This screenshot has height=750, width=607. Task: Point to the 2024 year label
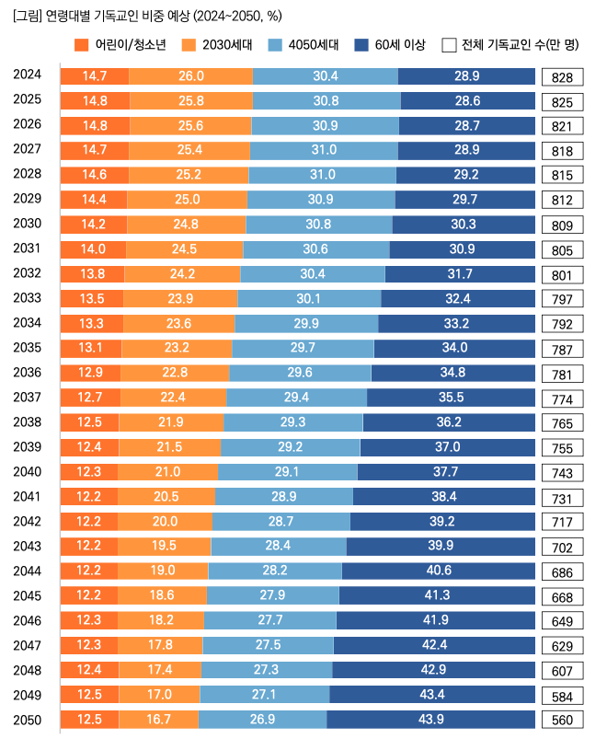(x=27, y=75)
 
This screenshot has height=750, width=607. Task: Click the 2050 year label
(x=27, y=720)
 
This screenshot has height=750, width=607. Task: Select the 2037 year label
(x=27, y=398)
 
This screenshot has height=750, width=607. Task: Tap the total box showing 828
(x=562, y=77)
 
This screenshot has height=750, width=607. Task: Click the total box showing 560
(x=562, y=721)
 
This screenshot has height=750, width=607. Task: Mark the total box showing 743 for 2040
(x=562, y=473)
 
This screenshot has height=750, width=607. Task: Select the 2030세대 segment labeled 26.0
(x=191, y=75)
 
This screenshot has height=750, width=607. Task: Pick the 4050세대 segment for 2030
(x=318, y=224)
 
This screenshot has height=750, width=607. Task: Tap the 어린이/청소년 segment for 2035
(x=90, y=348)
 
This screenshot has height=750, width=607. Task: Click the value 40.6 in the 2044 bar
(x=438, y=571)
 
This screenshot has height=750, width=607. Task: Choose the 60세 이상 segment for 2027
(x=466, y=149)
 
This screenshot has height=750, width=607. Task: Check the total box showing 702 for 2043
(x=562, y=548)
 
